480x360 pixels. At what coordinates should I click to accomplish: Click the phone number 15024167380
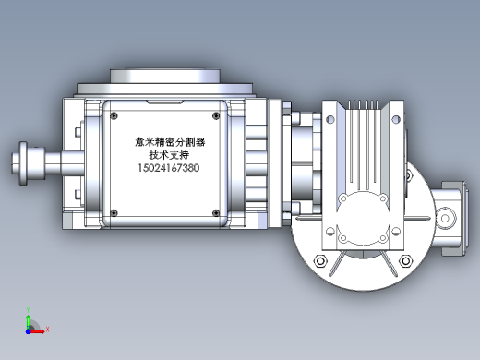pyautogui.click(x=169, y=168)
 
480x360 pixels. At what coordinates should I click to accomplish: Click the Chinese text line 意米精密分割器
pyautogui.click(x=170, y=142)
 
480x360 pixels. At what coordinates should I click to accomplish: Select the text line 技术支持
pyautogui.click(x=169, y=155)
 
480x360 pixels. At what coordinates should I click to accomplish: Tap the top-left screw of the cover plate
pyautogui.click(x=114, y=116)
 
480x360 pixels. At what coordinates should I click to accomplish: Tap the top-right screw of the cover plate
pyautogui.click(x=216, y=116)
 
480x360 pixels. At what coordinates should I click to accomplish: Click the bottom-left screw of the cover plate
pyautogui.click(x=114, y=212)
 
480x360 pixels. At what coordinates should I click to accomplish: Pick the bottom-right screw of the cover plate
pyautogui.click(x=216, y=212)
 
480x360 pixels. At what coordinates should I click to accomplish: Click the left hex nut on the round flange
pyautogui.click(x=320, y=261)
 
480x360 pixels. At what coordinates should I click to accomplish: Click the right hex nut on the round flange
pyautogui.click(x=405, y=261)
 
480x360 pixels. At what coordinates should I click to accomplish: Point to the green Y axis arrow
pyautogui.click(x=28, y=321)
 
